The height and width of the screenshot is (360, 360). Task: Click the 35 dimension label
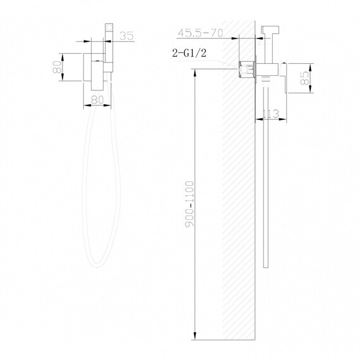(x=126, y=37)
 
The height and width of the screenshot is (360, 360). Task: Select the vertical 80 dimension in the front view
(x=57, y=67)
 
